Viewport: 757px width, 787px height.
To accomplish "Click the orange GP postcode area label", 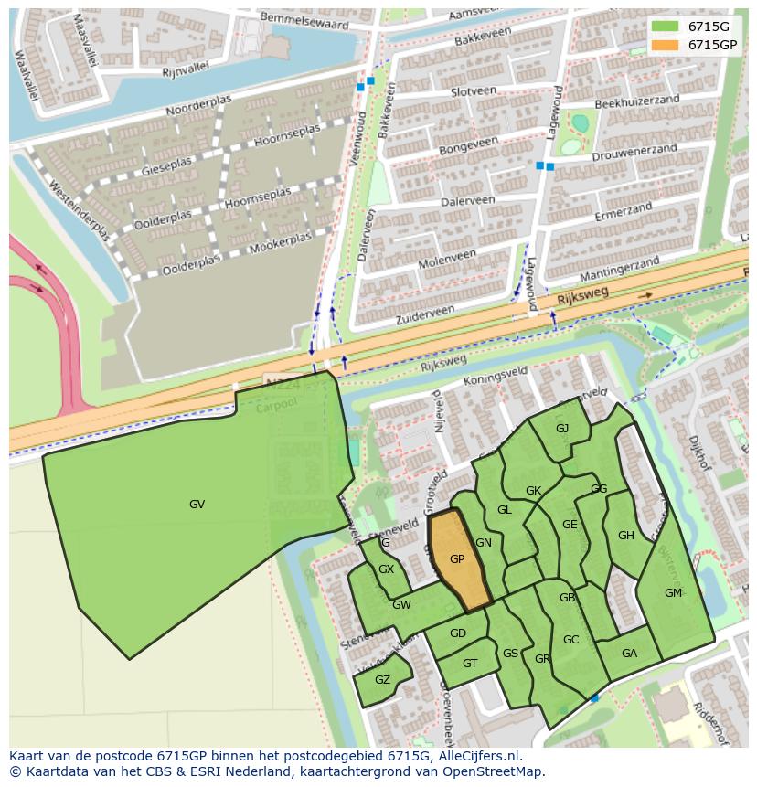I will pyautogui.click(x=457, y=559).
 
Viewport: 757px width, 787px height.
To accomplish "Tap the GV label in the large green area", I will pyautogui.click(x=197, y=505).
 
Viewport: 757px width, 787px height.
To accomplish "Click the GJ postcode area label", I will pyautogui.click(x=562, y=429).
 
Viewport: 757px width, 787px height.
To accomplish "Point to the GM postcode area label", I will pyautogui.click(x=673, y=593).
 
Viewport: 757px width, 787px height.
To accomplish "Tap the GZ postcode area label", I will pyautogui.click(x=382, y=680).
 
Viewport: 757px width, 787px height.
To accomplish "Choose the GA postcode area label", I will pyautogui.click(x=629, y=654).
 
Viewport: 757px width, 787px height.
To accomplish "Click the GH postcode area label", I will pyautogui.click(x=626, y=536).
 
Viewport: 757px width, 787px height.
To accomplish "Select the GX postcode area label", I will pyautogui.click(x=386, y=569).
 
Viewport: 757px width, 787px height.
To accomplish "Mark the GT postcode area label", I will pyautogui.click(x=470, y=665).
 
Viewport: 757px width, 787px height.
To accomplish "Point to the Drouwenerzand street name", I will pyautogui.click(x=634, y=153).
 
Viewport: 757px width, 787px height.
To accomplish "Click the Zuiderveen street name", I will pyautogui.click(x=425, y=315).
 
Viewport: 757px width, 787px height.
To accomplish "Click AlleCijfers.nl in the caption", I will pyautogui.click(x=476, y=757).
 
